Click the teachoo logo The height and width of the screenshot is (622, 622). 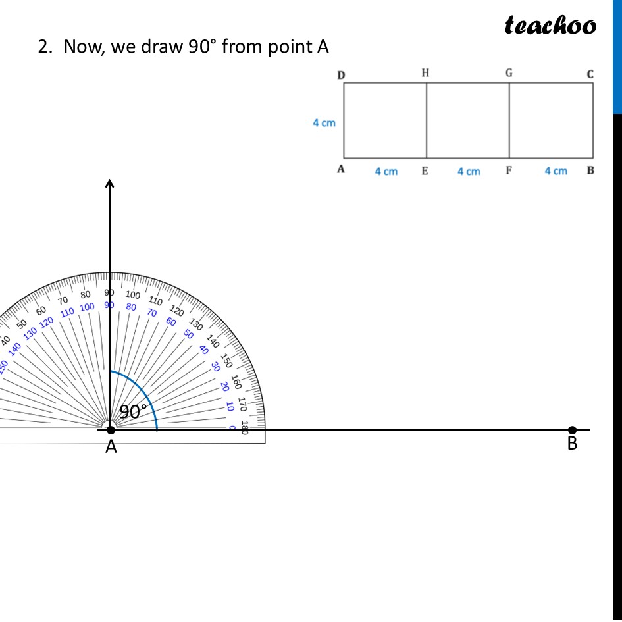[550, 26]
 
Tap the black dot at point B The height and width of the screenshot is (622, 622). [572, 430]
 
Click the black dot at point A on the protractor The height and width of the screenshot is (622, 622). [111, 430]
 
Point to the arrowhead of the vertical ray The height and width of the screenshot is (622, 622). [110, 183]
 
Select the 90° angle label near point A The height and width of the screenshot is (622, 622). [132, 412]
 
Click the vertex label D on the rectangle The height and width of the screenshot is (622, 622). [341, 75]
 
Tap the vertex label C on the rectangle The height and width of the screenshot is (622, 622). [590, 74]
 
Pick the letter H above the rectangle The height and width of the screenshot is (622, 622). [425, 73]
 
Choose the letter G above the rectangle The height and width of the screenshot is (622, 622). [509, 73]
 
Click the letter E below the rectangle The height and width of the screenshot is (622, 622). [425, 171]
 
